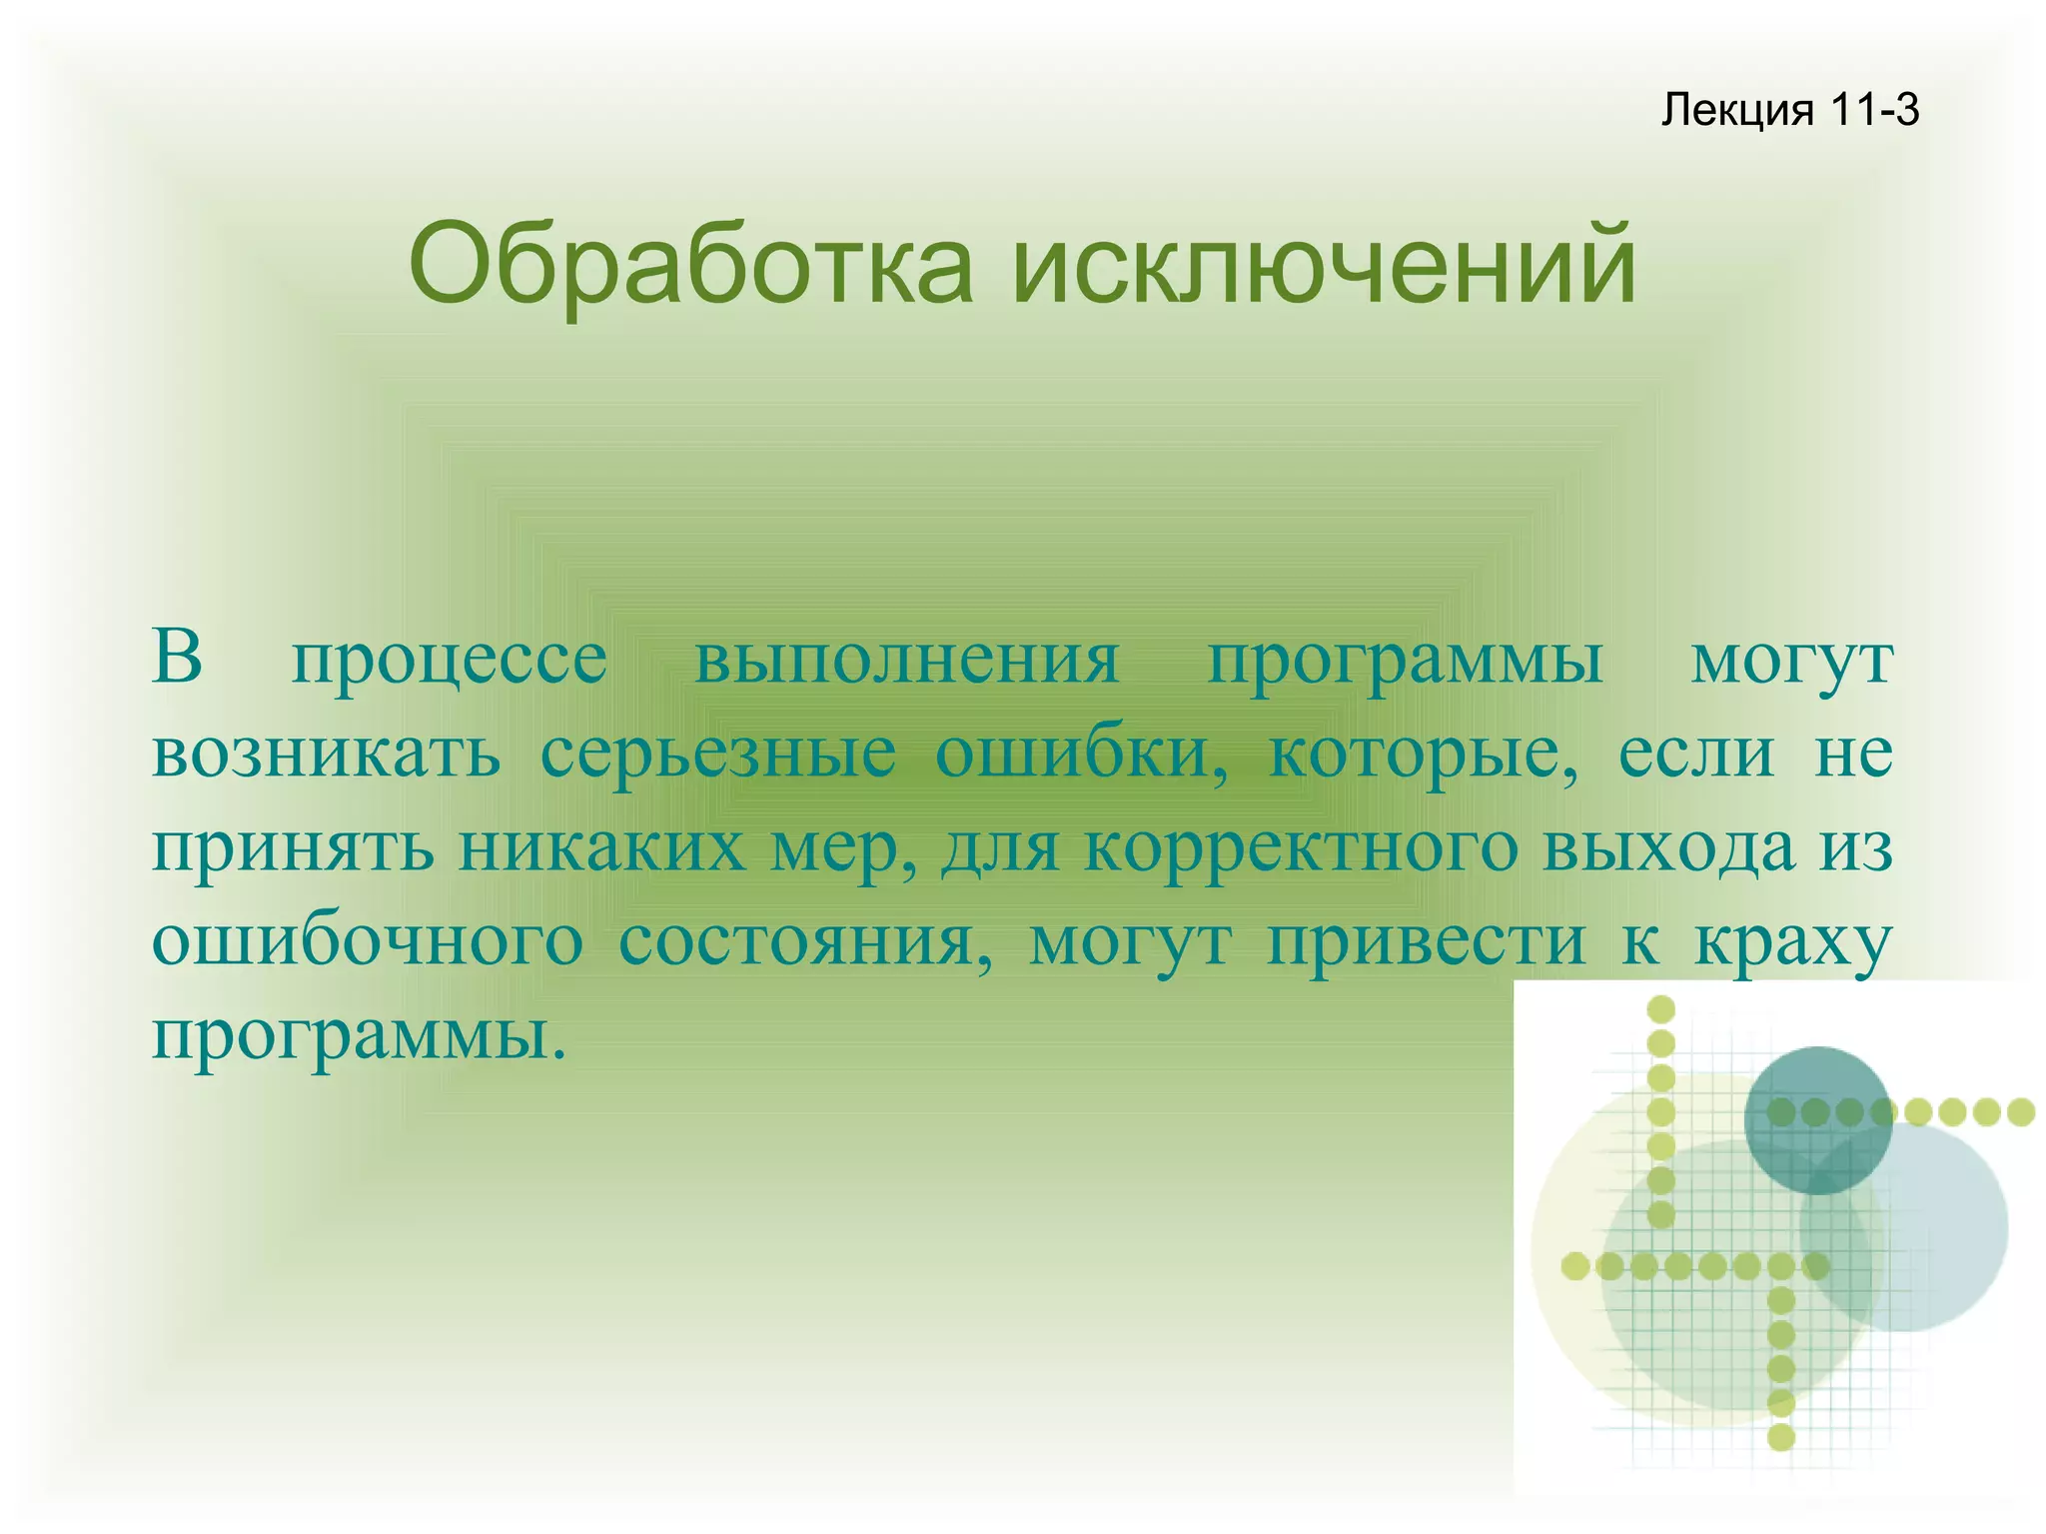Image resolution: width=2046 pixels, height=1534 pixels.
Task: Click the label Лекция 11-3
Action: click(1789, 110)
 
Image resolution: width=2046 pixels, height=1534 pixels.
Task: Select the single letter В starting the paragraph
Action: click(177, 658)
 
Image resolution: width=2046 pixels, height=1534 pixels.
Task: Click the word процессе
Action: click(449, 662)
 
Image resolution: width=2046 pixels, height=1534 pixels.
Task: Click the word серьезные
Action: click(717, 756)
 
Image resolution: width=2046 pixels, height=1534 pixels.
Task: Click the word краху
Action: click(1793, 943)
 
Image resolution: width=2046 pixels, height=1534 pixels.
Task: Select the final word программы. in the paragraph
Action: click(359, 1037)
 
